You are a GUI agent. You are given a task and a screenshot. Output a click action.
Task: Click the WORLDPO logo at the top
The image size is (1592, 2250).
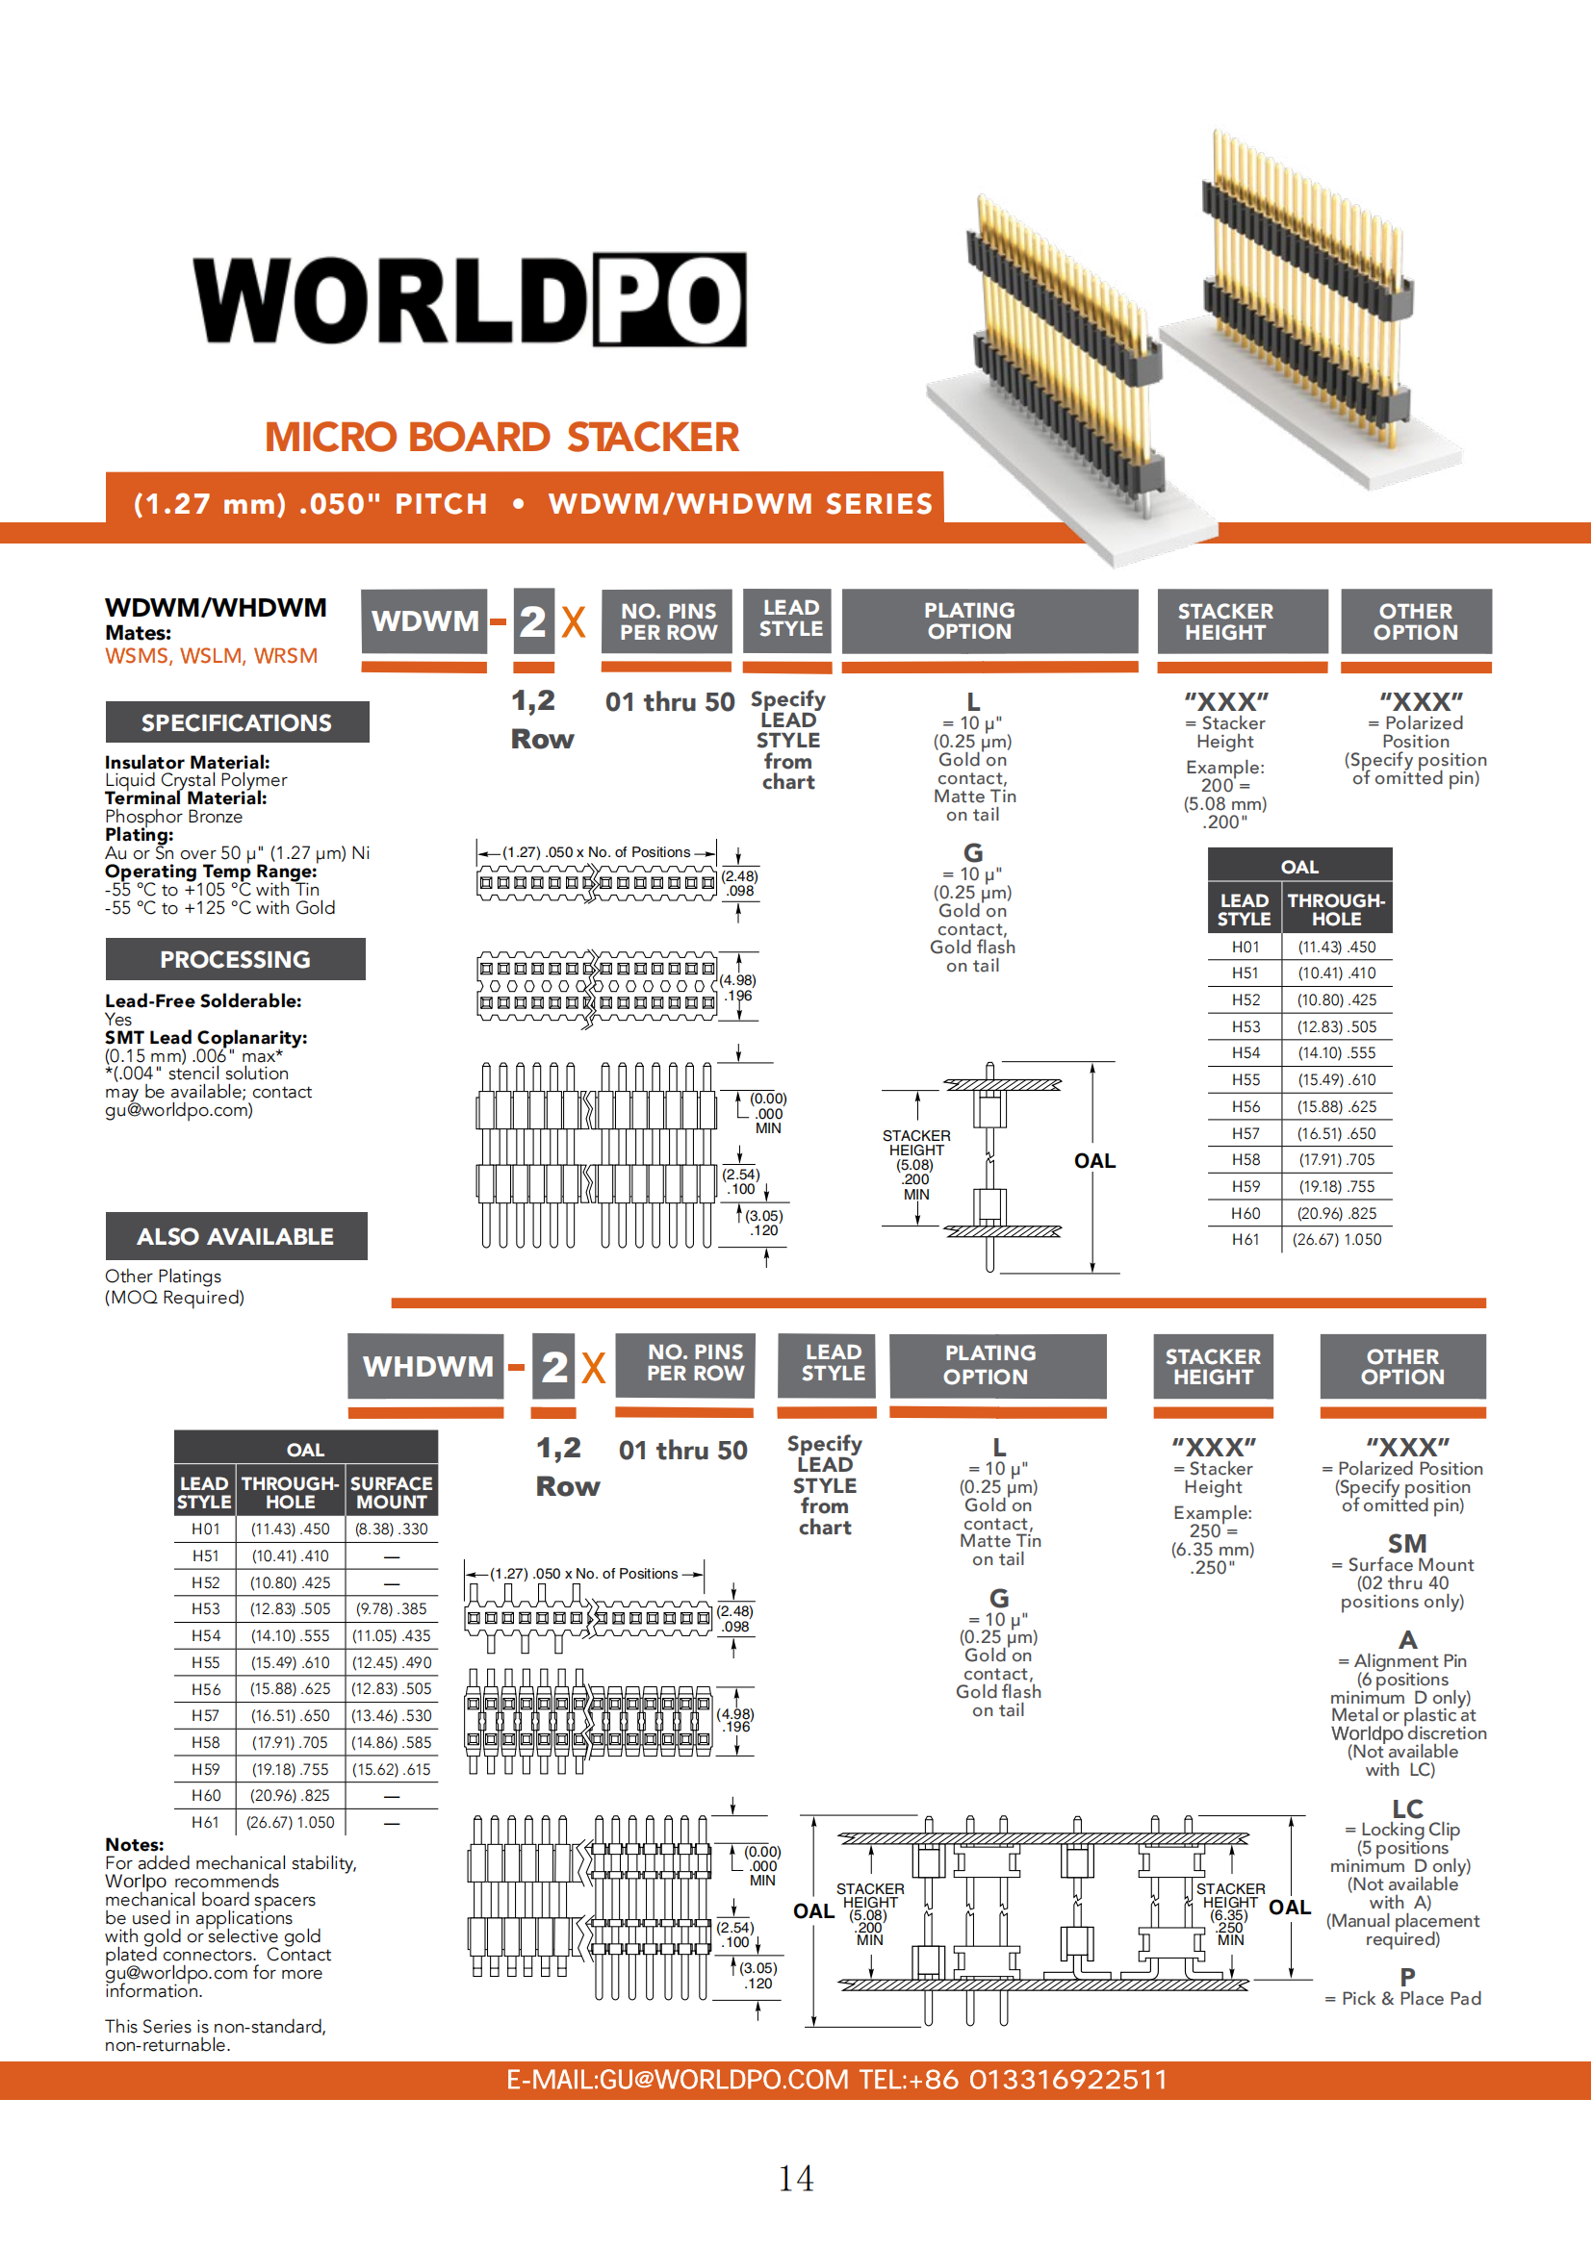click(x=470, y=300)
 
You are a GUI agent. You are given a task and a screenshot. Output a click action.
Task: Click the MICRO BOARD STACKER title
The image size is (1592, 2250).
click(x=501, y=437)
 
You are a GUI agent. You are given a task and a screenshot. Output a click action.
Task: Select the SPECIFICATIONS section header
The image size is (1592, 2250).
click(x=236, y=723)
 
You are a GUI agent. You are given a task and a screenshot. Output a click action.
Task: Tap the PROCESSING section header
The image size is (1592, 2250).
click(x=235, y=959)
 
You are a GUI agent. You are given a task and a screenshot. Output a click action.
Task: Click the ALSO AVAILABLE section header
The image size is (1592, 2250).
click(x=235, y=1237)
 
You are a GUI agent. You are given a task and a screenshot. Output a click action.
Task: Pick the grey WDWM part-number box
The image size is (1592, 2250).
click(x=424, y=621)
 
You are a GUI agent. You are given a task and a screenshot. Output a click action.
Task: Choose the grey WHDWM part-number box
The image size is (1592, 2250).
click(x=427, y=1366)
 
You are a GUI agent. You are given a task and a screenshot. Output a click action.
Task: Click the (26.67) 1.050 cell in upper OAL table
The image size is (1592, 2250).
click(x=1336, y=1240)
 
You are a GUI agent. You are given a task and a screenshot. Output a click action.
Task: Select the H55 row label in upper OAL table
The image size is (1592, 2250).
click(x=1245, y=1080)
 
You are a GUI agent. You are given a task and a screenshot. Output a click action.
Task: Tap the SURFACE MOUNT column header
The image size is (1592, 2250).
click(x=391, y=1493)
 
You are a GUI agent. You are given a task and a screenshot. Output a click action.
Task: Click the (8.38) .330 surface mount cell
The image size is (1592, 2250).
click(x=391, y=1529)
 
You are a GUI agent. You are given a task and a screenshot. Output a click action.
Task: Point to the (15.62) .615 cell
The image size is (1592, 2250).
click(x=391, y=1769)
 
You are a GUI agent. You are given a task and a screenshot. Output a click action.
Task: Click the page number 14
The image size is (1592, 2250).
click(x=796, y=2179)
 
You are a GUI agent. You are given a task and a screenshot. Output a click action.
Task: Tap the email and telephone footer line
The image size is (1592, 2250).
click(x=836, y=2080)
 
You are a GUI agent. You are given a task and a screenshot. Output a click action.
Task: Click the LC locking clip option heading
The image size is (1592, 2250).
click(x=1408, y=1809)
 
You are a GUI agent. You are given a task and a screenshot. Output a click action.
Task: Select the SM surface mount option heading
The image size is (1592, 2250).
click(x=1408, y=1543)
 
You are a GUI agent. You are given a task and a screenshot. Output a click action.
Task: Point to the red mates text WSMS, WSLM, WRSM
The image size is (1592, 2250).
click(x=212, y=656)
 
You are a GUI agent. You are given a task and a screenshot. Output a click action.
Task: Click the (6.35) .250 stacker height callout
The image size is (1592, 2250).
click(x=1229, y=1921)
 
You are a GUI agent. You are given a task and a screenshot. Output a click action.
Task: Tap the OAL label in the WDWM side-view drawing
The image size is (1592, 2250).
click(x=1095, y=1161)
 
